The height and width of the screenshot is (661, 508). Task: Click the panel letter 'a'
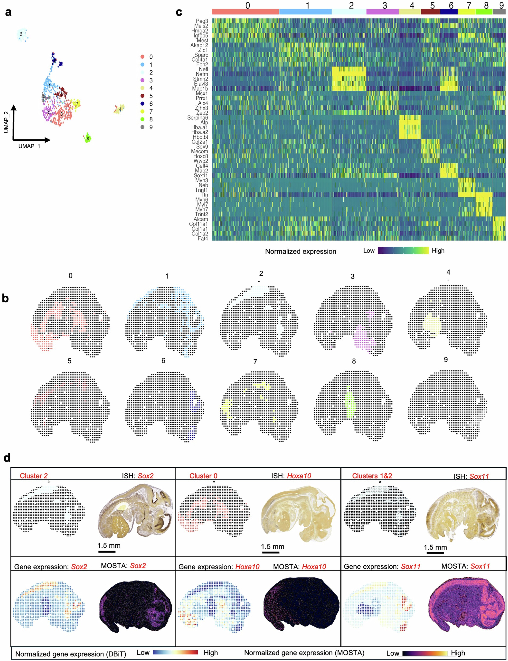pos(8,12)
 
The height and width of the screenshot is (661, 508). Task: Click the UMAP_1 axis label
pos(29,146)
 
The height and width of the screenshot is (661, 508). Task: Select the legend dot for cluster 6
pos(142,104)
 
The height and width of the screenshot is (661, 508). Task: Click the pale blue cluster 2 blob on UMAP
pos(22,35)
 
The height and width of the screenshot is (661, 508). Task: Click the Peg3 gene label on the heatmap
pos(202,21)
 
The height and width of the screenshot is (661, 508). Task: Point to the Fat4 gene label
pos(203,238)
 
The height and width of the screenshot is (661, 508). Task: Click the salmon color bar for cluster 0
pos(245,12)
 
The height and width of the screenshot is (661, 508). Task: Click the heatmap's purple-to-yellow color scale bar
pos(403,250)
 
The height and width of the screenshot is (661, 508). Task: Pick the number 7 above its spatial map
pos(255,362)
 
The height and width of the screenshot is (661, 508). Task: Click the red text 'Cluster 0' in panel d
pos(203,476)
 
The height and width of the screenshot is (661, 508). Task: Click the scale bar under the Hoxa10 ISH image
pos(270,552)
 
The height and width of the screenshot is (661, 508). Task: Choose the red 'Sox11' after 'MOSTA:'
pos(480,566)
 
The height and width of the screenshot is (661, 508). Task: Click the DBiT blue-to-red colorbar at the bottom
pos(175,652)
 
